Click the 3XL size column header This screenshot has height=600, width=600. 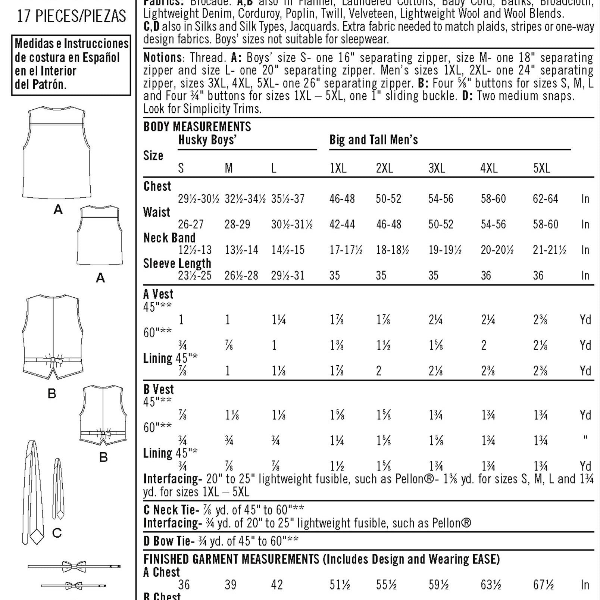click(x=437, y=168)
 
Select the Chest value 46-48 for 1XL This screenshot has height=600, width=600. click(x=342, y=199)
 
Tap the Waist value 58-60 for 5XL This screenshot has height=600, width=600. click(x=545, y=224)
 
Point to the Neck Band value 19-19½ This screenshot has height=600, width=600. click(x=445, y=250)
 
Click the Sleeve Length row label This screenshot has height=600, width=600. click(x=177, y=263)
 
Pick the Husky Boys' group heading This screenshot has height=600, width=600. click(x=207, y=140)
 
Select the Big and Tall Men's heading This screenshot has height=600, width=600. click(x=374, y=140)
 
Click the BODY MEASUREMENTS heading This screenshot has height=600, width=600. click(x=197, y=127)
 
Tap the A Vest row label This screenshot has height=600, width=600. click(x=158, y=294)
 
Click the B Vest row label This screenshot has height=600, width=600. click(x=159, y=390)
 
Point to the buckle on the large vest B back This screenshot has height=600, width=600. click(x=53, y=360)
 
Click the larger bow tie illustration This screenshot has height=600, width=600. click(x=74, y=566)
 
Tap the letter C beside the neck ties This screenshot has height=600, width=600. click(x=57, y=533)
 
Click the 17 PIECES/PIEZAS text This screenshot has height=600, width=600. click(x=72, y=16)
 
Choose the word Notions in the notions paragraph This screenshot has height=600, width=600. click(x=163, y=58)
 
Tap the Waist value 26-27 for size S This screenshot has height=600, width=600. click(x=191, y=224)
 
